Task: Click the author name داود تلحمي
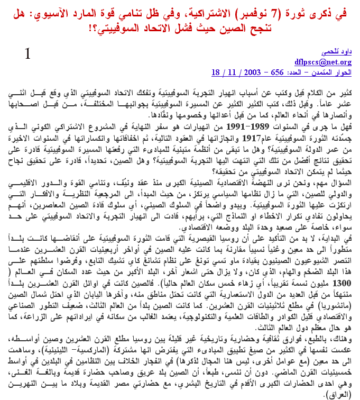pos(336,53)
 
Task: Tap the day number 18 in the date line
pos(216,71)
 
